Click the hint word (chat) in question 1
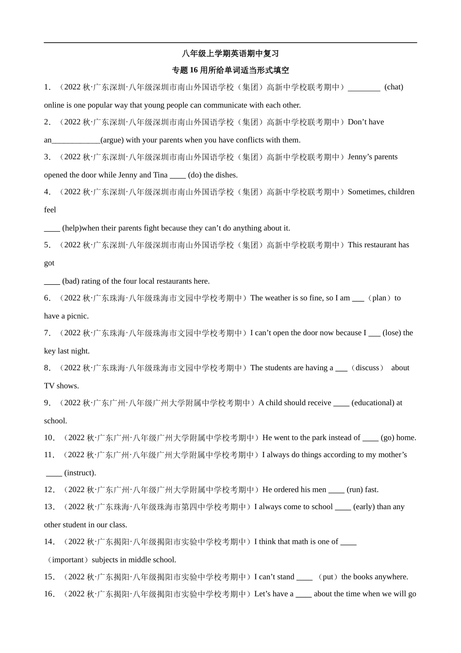394,87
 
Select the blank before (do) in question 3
178,175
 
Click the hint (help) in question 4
71,228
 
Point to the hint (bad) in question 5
71,281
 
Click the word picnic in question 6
77,316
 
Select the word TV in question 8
49,386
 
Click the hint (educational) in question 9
373,403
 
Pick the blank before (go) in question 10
370,438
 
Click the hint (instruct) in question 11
80,473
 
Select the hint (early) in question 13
364,507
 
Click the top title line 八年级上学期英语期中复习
230,53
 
